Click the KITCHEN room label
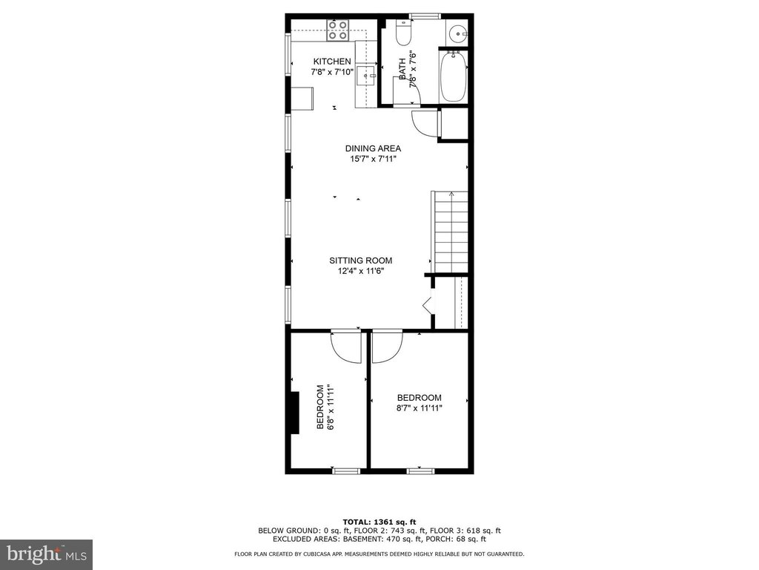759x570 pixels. (332, 62)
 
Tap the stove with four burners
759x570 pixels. (337, 30)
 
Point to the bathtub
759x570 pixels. (453, 76)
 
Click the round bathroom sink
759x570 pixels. (457, 34)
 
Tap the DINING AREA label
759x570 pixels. (373, 148)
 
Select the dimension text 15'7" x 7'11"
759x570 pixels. (374, 159)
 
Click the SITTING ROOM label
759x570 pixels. (361, 261)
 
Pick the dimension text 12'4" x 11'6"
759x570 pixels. (361, 272)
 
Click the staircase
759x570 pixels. (450, 232)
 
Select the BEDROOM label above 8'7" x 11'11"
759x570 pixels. (420, 398)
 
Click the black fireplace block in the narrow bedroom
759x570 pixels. (294, 412)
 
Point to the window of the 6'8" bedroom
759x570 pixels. (347, 471)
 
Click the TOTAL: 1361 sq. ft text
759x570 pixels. (379, 522)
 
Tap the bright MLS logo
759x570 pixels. (47, 554)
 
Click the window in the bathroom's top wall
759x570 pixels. (425, 16)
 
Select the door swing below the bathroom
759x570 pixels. (422, 123)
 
